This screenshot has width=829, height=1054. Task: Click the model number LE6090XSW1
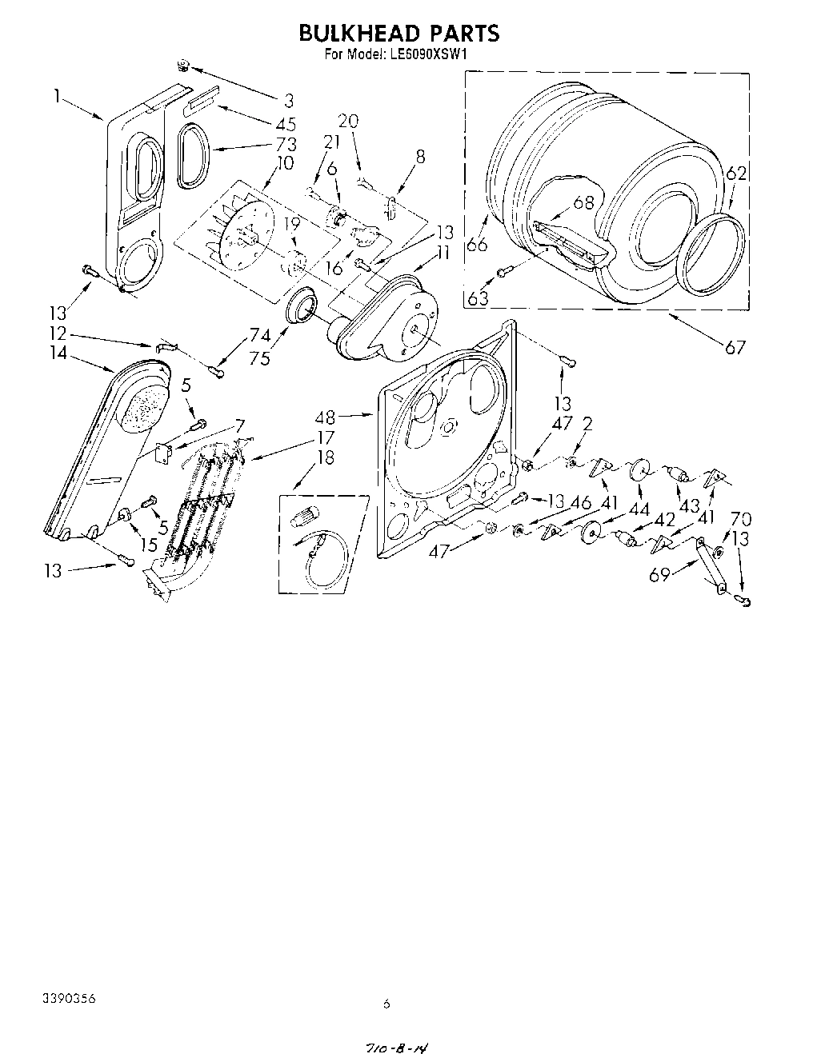(x=428, y=55)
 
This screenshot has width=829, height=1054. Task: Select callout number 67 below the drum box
(x=735, y=347)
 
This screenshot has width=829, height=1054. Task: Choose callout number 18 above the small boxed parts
(x=303, y=457)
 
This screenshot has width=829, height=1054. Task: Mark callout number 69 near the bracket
(x=659, y=573)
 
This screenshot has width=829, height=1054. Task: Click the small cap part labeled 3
(x=183, y=66)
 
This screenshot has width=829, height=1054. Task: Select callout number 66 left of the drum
(x=477, y=244)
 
